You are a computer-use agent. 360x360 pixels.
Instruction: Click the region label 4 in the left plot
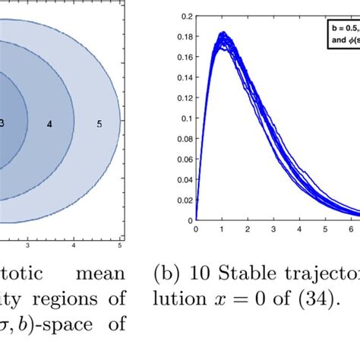pyautogui.click(x=49, y=122)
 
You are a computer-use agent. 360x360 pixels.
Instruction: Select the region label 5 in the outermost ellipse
pyautogui.click(x=99, y=122)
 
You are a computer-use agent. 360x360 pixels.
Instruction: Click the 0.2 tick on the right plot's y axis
pyautogui.click(x=185, y=15)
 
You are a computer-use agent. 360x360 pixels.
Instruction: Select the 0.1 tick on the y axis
pyautogui.click(x=185, y=118)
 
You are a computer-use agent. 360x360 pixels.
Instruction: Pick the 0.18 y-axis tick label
pyautogui.click(x=183, y=36)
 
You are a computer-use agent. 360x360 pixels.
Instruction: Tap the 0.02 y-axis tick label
pyautogui.click(x=183, y=200)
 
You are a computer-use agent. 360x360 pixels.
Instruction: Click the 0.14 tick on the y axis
pyautogui.click(x=183, y=77)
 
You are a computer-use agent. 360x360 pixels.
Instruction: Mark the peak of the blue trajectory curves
pyautogui.click(x=223, y=34)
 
